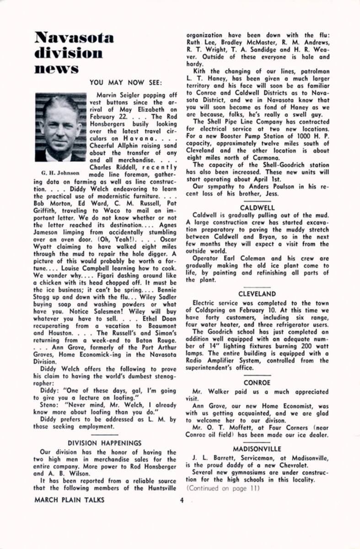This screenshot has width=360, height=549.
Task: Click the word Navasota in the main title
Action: pos(74,38)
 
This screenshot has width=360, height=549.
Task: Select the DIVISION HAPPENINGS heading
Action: pos(105,443)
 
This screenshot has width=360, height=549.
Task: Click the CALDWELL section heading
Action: pos(257,207)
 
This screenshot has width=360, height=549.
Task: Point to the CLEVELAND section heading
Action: pos(257,294)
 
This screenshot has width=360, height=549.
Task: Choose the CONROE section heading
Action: pos(257,382)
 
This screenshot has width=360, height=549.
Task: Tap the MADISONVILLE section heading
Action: pos(257,449)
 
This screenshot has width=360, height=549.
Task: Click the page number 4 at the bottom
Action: pos(182,500)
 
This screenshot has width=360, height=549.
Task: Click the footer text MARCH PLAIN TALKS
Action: pos(69,500)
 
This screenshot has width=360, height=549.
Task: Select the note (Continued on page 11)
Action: pos(223,488)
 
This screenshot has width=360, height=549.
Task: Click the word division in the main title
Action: pos(69,53)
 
